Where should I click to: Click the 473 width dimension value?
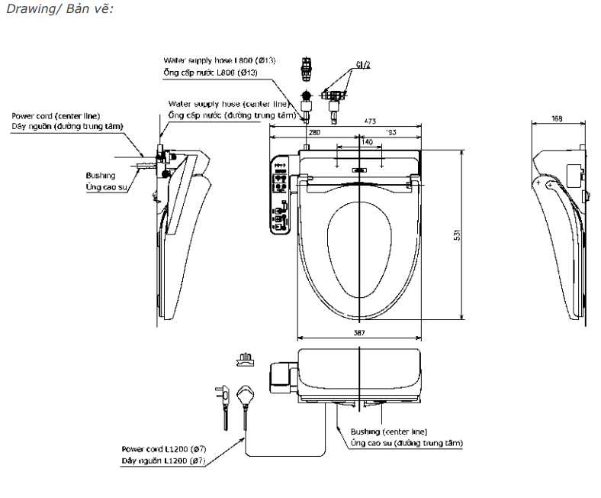[369, 121]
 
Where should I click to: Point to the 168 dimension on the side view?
[557, 118]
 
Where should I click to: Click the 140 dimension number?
[367, 142]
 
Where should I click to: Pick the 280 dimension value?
[313, 132]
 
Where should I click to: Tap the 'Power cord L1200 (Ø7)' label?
[163, 448]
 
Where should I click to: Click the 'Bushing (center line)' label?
[389, 431]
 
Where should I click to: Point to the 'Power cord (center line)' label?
[51, 115]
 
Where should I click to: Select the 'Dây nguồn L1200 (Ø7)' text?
[163, 461]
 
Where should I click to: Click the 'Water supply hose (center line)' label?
[227, 103]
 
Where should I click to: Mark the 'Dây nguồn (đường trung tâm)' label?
[66, 126]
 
